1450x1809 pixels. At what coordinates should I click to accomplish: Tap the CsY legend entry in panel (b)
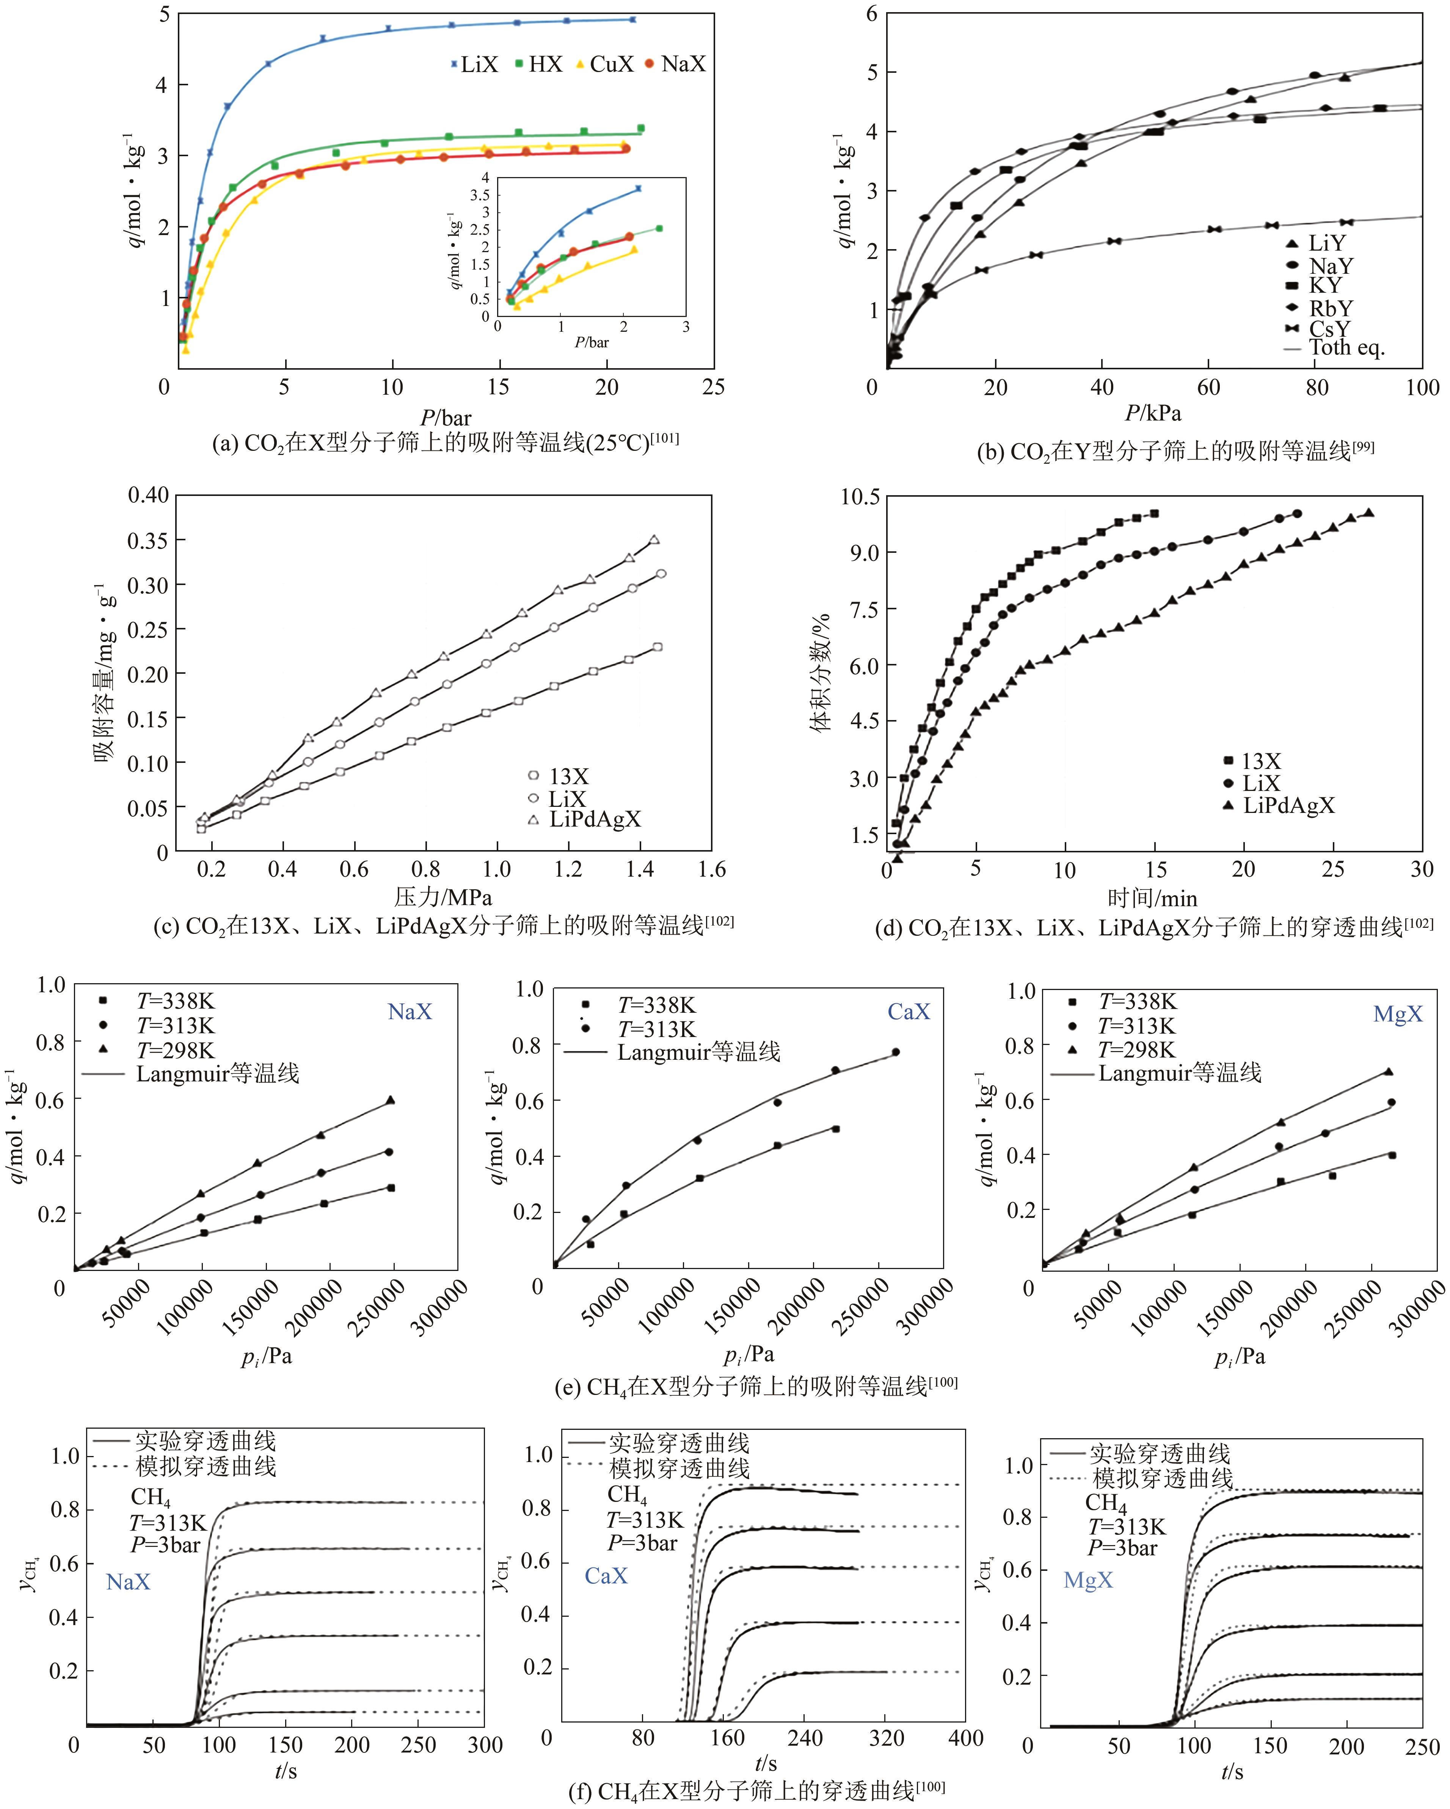coord(1330,329)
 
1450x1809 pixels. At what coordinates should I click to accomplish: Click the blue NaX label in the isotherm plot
coord(410,1012)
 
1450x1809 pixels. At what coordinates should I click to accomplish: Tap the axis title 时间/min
coord(1152,899)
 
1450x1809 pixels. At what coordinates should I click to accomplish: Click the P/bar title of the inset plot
coord(592,342)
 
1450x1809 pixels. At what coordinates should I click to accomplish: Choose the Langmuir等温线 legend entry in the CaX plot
coord(698,1052)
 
